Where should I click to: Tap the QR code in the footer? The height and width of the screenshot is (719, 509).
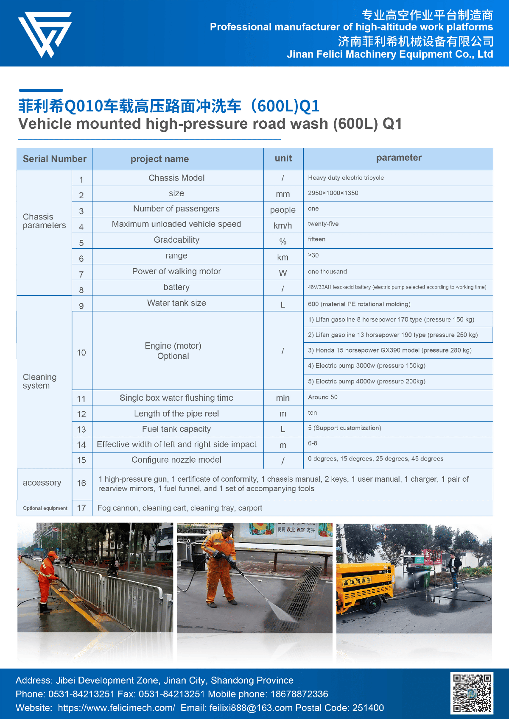pyautogui.click(x=471, y=693)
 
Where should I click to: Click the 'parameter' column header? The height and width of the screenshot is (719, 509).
pyautogui.click(x=398, y=158)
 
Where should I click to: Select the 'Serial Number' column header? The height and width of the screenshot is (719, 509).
pyautogui.click(x=54, y=159)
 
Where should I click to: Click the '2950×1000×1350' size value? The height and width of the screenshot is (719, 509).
pyautogui.click(x=333, y=193)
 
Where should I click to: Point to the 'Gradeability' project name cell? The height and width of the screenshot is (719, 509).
pyautogui.click(x=176, y=240)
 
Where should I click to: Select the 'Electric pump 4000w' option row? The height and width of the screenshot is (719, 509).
pyautogui.click(x=366, y=381)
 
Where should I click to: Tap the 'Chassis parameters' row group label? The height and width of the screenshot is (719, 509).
pyautogui.click(x=44, y=221)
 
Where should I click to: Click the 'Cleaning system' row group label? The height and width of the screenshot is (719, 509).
pyautogui.click(x=39, y=381)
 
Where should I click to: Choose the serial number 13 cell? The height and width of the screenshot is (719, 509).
pyautogui.click(x=81, y=430)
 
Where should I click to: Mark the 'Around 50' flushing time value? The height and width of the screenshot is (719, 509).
pyautogui.click(x=323, y=397)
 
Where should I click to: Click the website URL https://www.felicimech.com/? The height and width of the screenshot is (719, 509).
pyautogui.click(x=116, y=708)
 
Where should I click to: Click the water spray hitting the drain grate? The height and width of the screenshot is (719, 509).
pyautogui.click(x=278, y=611)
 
